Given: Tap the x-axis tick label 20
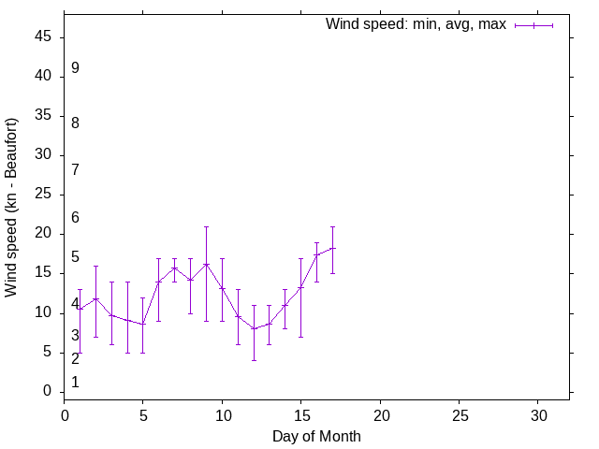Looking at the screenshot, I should tap(380, 413).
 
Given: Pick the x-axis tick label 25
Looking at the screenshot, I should tap(459, 413).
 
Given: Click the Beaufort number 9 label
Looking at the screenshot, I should tap(75, 68).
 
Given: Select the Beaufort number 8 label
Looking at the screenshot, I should tap(75, 123).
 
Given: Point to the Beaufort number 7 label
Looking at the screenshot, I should tap(75, 170).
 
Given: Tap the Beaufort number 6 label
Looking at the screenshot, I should tap(75, 218).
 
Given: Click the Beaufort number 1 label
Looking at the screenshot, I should tap(75, 383).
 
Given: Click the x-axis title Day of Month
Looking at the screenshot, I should tap(316, 436).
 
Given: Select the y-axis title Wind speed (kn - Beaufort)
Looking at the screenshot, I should tap(12, 208).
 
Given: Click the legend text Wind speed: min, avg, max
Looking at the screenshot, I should tap(416, 24).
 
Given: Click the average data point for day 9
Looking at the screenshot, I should tap(206, 264).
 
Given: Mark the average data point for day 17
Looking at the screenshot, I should tap(332, 248).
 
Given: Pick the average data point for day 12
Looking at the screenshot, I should tap(254, 328).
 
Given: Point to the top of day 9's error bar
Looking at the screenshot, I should tap(206, 226).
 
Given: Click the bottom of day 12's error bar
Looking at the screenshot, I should tap(254, 360).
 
